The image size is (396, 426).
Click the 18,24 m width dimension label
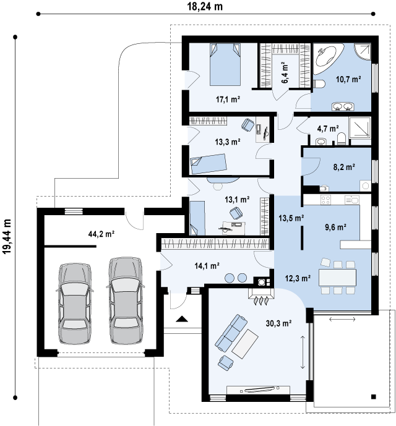pyautogui.click(x=205, y=7)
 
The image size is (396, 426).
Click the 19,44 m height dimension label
pyautogui.click(x=7, y=236)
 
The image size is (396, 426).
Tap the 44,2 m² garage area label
pyautogui.click(x=101, y=234)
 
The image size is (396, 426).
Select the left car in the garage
pyautogui.click(x=75, y=304)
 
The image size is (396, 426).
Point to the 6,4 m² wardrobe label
pyautogui.click(x=285, y=73)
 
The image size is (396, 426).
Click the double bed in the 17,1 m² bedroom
pyautogui.click(x=225, y=64)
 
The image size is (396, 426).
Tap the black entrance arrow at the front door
pyautogui.click(x=182, y=318)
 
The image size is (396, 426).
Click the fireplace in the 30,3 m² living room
pyautogui.click(x=261, y=296)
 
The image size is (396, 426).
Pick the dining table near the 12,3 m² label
pyautogui.click(x=337, y=277)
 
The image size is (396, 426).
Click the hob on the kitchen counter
pyautogui.click(x=326, y=200)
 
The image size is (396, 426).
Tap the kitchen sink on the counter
pyautogui.click(x=351, y=200)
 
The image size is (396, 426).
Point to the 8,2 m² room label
pyautogui.click(x=344, y=167)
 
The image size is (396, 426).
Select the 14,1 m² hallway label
pyautogui.click(x=207, y=266)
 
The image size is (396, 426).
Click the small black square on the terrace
pyautogui.click(x=374, y=397)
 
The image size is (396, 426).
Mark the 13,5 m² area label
pyautogui.click(x=291, y=218)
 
